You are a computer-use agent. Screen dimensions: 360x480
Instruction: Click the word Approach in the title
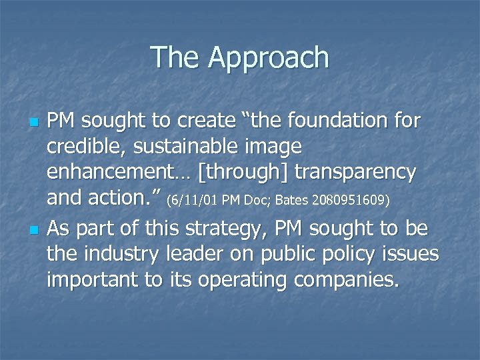pyautogui.click(x=269, y=59)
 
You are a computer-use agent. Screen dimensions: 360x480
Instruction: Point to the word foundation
pyautogui.click(x=341, y=122)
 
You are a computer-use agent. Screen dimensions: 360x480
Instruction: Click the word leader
pyautogui.click(x=205, y=254)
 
